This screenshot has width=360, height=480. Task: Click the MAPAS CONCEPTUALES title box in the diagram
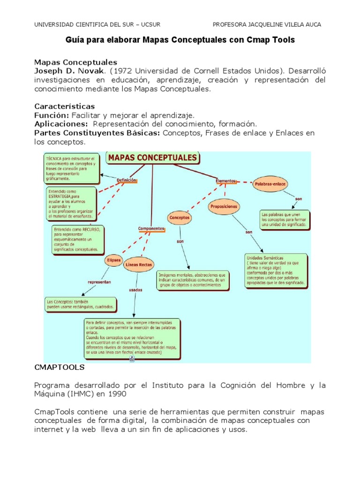[153, 158]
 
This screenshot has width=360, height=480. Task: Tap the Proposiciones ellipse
[224, 206]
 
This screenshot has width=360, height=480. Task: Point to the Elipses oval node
[114, 260]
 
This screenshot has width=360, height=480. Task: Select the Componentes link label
[151, 229]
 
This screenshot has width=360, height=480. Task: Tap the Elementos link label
[225, 180]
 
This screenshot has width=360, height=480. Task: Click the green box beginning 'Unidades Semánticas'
[276, 270]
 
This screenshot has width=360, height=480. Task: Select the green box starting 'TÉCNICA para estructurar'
[71, 167]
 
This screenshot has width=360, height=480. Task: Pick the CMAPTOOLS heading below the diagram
[59, 368]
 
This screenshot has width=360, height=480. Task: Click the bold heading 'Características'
[65, 106]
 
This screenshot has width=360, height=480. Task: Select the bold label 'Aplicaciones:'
[61, 124]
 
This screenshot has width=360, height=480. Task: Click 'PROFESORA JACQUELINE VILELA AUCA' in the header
[267, 25]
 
